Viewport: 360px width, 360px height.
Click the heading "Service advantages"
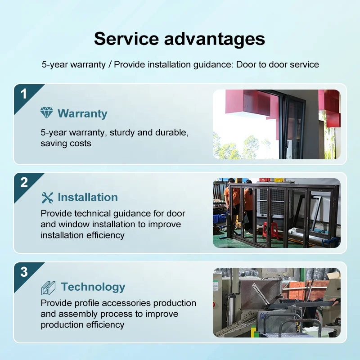[x=179, y=39]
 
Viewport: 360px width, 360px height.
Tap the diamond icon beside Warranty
[x=47, y=113]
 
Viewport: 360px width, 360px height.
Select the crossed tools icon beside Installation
[x=47, y=198]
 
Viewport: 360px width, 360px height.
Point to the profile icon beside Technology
[x=48, y=288]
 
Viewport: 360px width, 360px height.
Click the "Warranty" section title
[x=82, y=113]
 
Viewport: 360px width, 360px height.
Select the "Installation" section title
[x=88, y=197]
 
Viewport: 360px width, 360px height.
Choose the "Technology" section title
[x=93, y=287]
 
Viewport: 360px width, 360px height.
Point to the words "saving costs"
[x=66, y=143]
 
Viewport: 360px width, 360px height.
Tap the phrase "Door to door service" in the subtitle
[x=277, y=64]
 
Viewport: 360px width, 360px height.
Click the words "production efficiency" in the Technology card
[x=82, y=324]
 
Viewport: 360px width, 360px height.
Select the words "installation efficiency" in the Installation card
[x=83, y=235]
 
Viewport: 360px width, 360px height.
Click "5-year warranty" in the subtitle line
[x=73, y=65]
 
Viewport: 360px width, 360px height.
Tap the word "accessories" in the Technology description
[x=126, y=303]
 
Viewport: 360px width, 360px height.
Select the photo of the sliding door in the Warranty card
[x=277, y=124]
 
